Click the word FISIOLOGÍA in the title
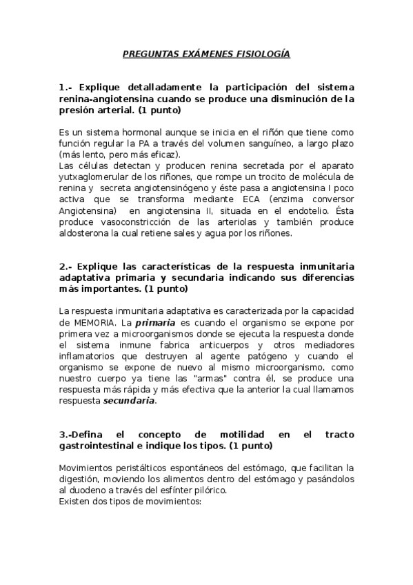[259, 52]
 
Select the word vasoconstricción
[130, 222]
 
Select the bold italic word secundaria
[130, 400]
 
